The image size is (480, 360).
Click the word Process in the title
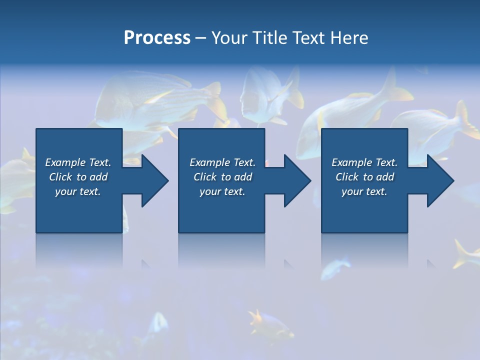pos(157,38)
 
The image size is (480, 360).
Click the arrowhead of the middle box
pos(295,180)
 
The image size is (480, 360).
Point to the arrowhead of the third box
pos(438,180)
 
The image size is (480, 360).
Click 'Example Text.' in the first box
pos(78,162)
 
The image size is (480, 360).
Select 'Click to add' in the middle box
pos(222,177)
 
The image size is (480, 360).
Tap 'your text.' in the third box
pos(364,191)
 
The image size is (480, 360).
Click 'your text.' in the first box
pos(78,191)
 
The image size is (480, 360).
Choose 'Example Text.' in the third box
pos(364,162)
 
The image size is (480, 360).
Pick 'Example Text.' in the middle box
pos(222,162)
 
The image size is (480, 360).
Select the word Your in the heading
pos(230,38)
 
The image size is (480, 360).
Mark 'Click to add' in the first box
pos(78,177)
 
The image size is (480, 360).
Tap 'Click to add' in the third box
pos(364,177)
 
